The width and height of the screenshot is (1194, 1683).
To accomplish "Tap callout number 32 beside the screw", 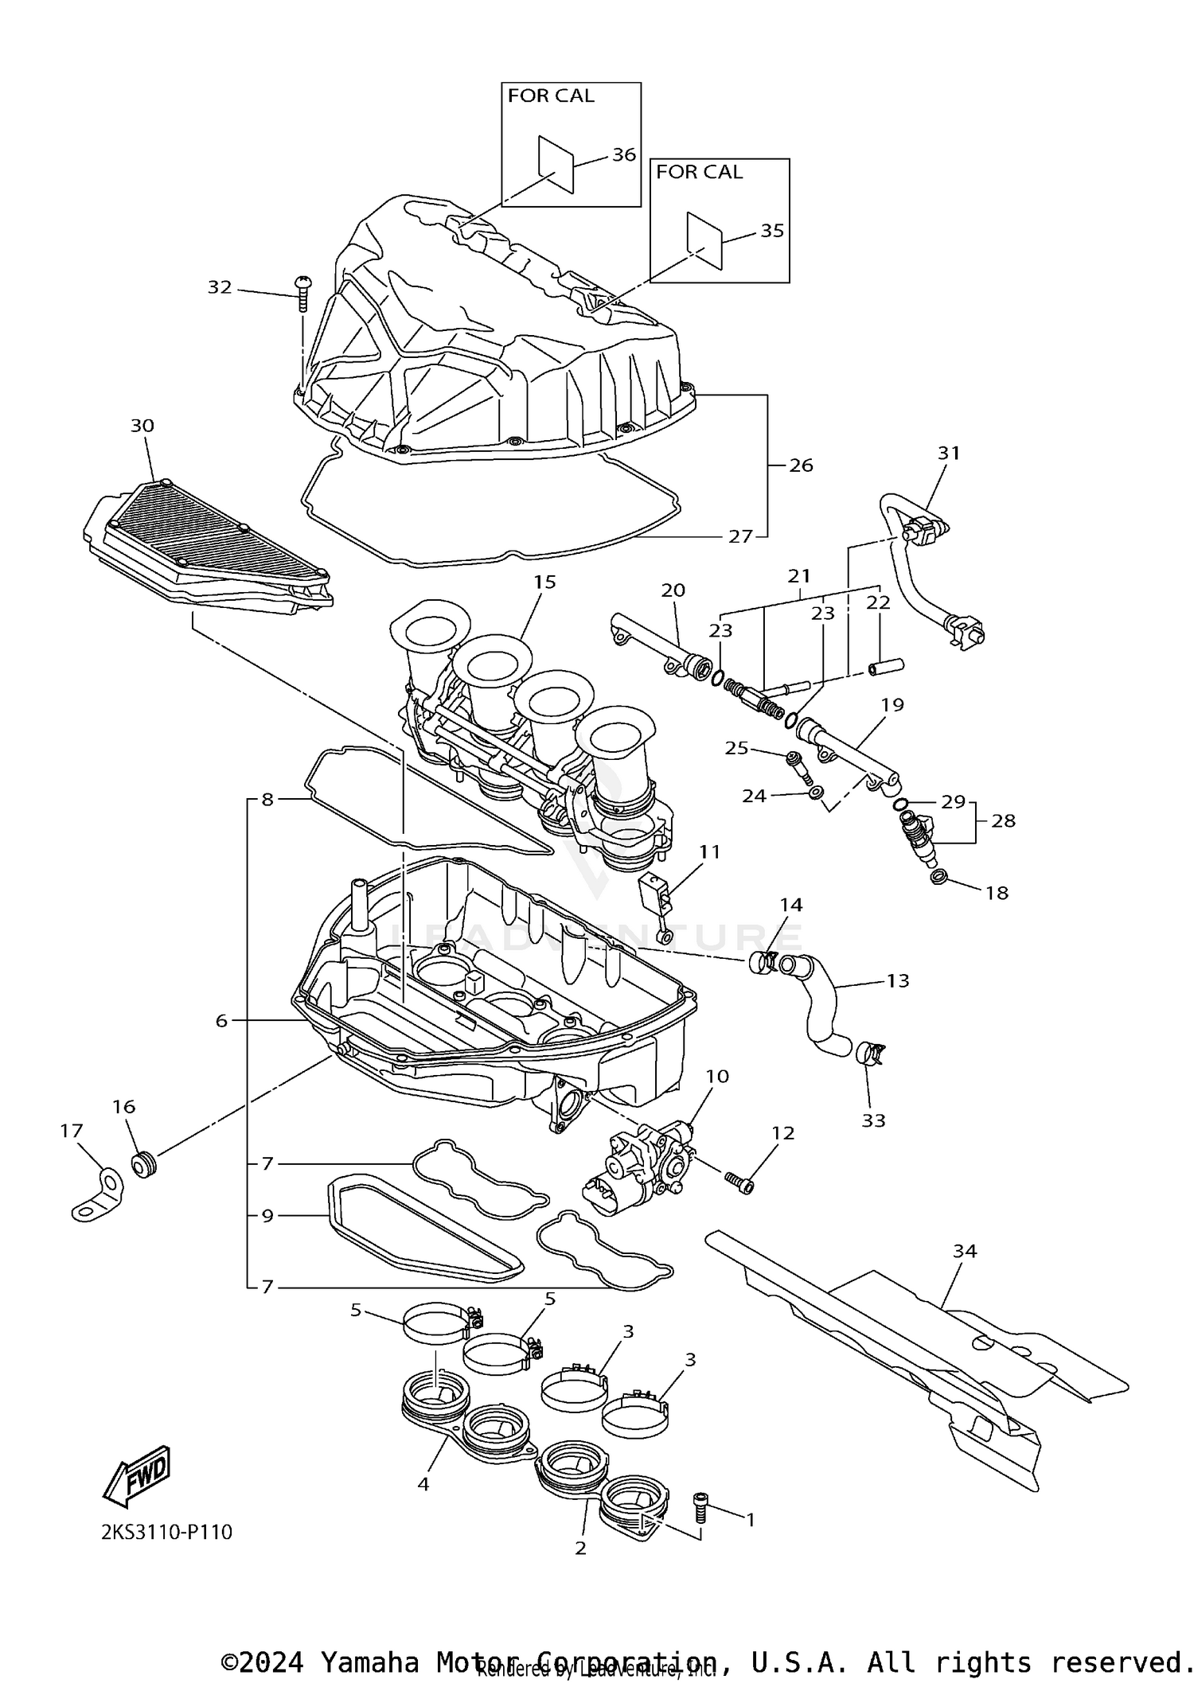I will tap(220, 287).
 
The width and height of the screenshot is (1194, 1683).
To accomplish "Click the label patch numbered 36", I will tap(556, 163).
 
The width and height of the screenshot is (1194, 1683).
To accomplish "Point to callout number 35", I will tap(772, 230).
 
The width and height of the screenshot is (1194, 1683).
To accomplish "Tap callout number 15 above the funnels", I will tap(544, 582).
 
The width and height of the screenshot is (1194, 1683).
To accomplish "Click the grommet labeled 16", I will tap(144, 1165).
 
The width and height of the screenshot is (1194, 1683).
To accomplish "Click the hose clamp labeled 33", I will tap(872, 1055).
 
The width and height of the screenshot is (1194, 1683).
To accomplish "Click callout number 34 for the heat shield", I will tap(965, 1273).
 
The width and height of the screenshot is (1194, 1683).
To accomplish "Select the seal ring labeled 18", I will tap(938, 879).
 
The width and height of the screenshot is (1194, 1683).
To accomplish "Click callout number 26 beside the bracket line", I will tap(801, 465).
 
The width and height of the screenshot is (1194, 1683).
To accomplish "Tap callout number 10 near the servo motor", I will tap(717, 1076).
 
